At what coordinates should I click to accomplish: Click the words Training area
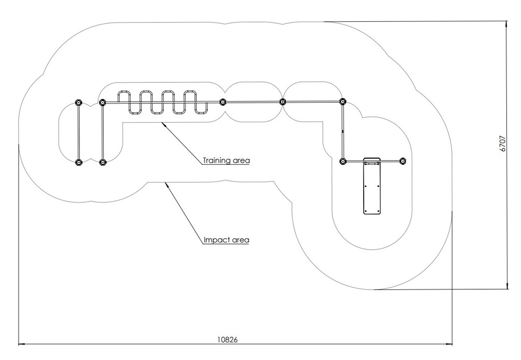[x=226, y=161]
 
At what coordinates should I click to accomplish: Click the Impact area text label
[x=226, y=239]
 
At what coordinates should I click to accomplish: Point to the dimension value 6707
[x=503, y=143]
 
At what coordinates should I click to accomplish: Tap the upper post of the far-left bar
[x=78, y=103]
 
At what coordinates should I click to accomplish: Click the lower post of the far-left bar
[x=78, y=163]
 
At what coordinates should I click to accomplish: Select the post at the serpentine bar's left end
[x=102, y=103]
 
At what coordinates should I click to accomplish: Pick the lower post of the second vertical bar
[x=102, y=163]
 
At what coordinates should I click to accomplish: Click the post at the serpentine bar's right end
[x=222, y=102]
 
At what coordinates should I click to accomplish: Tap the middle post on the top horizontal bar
[x=283, y=102]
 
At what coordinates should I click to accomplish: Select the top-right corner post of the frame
[x=342, y=102]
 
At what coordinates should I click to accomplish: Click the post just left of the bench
[x=343, y=162]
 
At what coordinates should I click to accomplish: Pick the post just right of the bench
[x=402, y=162]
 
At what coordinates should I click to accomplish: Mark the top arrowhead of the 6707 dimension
[x=507, y=24]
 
